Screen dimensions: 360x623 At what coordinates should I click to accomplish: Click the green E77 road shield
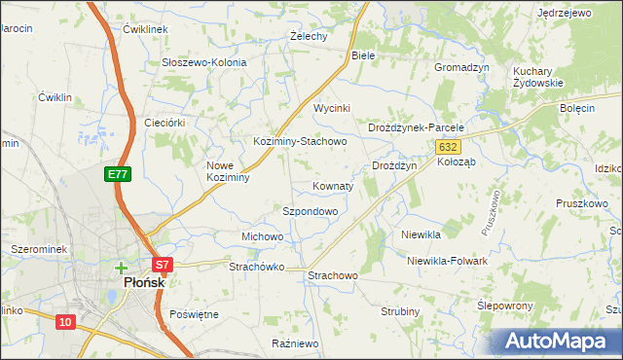117,174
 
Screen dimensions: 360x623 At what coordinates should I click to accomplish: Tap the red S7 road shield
162,264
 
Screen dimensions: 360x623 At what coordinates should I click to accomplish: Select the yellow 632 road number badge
447,146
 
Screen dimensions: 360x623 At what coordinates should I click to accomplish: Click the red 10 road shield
64,322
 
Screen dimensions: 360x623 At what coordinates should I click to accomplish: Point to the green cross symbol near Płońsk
121,267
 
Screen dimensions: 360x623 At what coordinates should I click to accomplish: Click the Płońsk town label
142,282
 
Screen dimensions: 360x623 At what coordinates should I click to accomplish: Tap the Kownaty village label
332,185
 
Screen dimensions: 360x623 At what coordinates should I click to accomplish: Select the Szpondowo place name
310,211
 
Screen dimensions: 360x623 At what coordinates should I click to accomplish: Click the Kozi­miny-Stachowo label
300,141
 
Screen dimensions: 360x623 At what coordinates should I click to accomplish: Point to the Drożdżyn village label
394,166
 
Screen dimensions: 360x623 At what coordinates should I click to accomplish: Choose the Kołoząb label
456,162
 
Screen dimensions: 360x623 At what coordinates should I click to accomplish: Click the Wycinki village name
331,108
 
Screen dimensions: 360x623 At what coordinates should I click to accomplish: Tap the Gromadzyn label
460,67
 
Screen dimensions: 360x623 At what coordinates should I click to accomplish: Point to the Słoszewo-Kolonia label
204,62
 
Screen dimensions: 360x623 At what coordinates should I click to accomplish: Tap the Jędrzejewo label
565,14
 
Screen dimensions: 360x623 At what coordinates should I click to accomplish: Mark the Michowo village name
262,236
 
